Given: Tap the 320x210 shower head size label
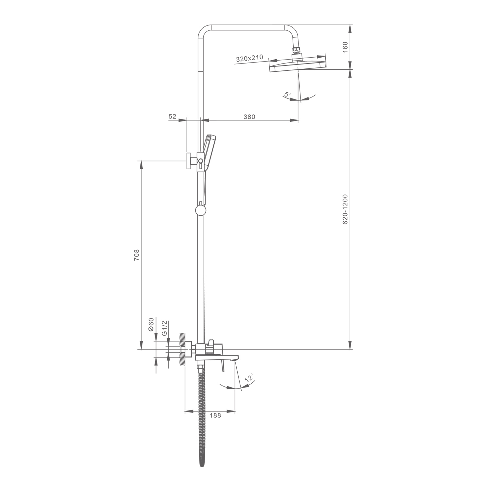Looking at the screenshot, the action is [x=249, y=58].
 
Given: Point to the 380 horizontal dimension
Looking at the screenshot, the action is [x=249, y=117].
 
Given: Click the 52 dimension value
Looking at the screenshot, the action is [x=173, y=117].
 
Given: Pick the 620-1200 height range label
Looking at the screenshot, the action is [x=345, y=209].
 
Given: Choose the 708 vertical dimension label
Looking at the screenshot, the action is [x=136, y=255].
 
